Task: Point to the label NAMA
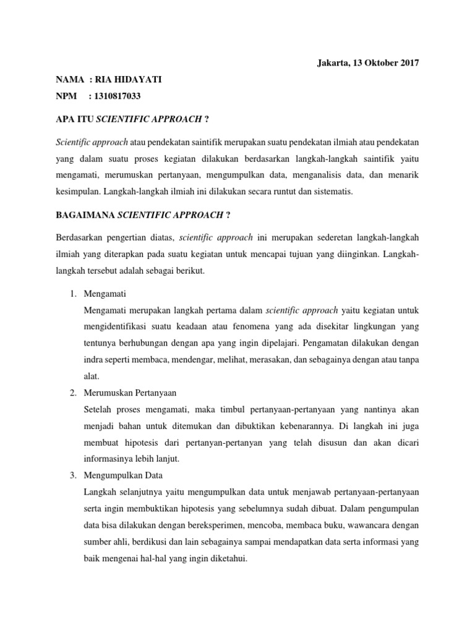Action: pyautogui.click(x=70, y=80)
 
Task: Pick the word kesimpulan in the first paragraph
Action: pyautogui.click(x=79, y=192)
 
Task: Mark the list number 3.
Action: pyautogui.click(x=72, y=475)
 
